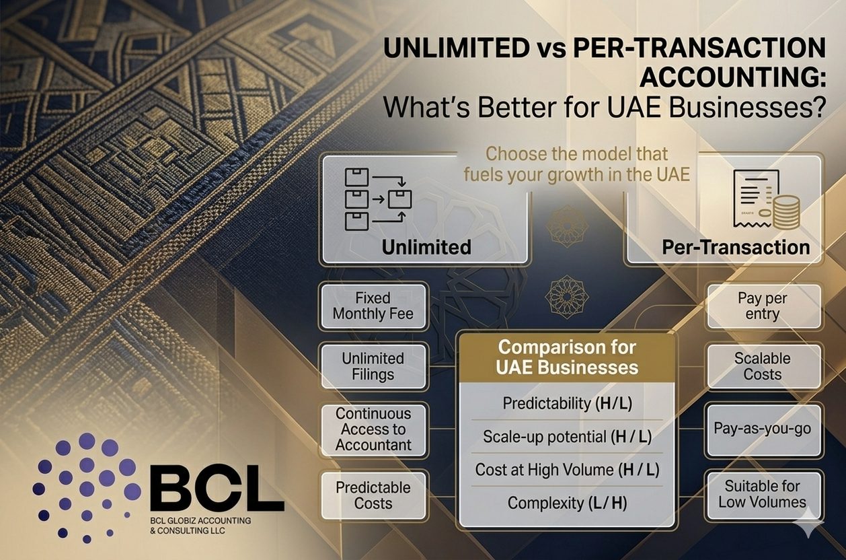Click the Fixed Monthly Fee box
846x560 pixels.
pyautogui.click(x=373, y=306)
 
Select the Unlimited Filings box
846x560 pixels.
pyautogui.click(x=373, y=366)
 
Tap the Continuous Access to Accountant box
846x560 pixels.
pyautogui.click(x=373, y=429)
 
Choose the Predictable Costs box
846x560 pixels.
pyautogui.click(x=373, y=495)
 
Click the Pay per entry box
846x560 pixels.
pyautogui.click(x=762, y=306)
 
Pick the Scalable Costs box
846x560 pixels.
pyautogui.click(x=762, y=366)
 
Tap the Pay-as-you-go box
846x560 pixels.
pyautogui.click(x=762, y=429)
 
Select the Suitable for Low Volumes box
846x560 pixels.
pyautogui.click(x=762, y=494)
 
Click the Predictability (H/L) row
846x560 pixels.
pyautogui.click(x=567, y=403)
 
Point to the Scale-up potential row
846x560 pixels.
pyautogui.click(x=567, y=437)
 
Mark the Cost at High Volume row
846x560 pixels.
pyautogui.click(x=567, y=469)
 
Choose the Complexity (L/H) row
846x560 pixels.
pyautogui.click(x=567, y=502)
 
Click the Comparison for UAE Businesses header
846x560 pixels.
pyautogui.click(x=567, y=358)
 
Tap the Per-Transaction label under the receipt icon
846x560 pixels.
pyautogui.click(x=736, y=248)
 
